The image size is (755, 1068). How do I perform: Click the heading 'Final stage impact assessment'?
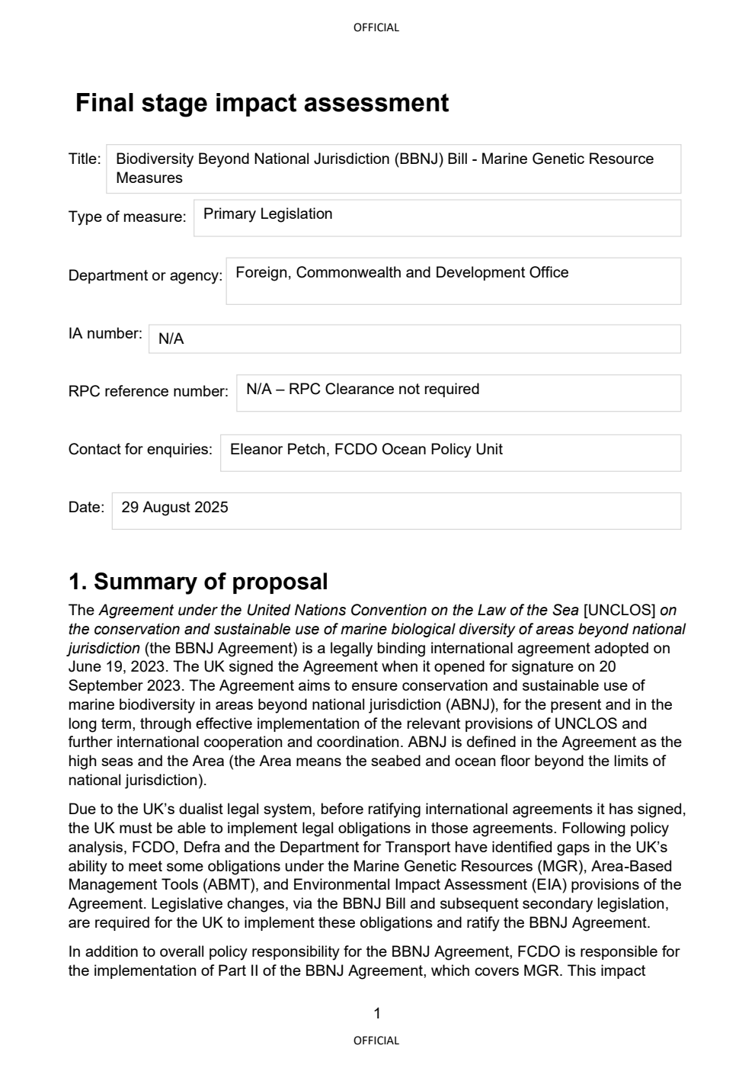[x=261, y=103]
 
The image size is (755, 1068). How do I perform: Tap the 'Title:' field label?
[x=85, y=159]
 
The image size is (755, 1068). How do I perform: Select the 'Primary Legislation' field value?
[x=267, y=214]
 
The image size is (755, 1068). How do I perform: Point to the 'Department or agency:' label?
[x=145, y=276]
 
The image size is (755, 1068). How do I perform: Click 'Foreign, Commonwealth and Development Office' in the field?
[x=401, y=273]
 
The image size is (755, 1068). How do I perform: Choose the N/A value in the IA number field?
[x=171, y=339]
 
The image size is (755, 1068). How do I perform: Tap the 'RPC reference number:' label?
[x=148, y=392]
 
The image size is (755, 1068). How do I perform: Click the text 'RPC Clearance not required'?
[x=384, y=390]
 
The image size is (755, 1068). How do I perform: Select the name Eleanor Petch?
[x=266, y=450]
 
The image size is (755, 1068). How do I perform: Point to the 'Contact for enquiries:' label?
[x=140, y=450]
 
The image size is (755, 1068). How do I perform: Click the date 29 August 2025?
[x=174, y=508]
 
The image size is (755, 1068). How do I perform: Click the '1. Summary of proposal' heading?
[x=198, y=582]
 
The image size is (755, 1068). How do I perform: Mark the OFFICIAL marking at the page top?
[x=376, y=27]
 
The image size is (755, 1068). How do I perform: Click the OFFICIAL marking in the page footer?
[x=376, y=1041]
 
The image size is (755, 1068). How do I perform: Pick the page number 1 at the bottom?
[x=377, y=1014]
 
